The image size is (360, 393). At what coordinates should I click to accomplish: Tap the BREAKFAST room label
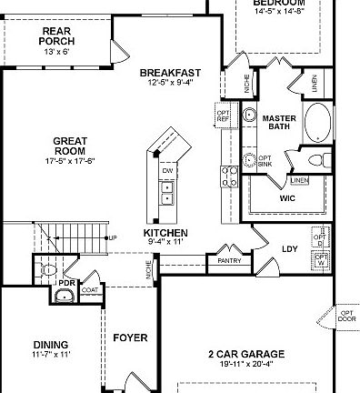pyautogui.click(x=170, y=73)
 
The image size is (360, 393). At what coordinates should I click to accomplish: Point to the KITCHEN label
pyautogui.click(x=165, y=233)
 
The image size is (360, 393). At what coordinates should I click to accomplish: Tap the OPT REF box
pyautogui.click(x=223, y=115)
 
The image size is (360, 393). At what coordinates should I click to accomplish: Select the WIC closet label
pyautogui.click(x=287, y=197)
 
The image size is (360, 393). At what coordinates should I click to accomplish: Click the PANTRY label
pyautogui.click(x=225, y=260)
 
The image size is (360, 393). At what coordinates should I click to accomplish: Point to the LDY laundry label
pyautogui.click(x=290, y=247)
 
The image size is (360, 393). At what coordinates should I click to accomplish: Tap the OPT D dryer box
pyautogui.click(x=320, y=238)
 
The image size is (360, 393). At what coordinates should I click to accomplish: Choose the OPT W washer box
pyautogui.click(x=321, y=261)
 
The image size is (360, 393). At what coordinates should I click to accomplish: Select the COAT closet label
pyautogui.click(x=91, y=290)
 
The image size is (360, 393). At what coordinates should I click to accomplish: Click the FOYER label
pyautogui.click(x=130, y=338)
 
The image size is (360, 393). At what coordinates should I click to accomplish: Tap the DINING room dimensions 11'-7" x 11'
pyautogui.click(x=52, y=354)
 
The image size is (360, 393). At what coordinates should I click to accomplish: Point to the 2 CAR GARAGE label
pyautogui.click(x=245, y=354)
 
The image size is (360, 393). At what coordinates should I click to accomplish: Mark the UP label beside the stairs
pyautogui.click(x=113, y=238)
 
